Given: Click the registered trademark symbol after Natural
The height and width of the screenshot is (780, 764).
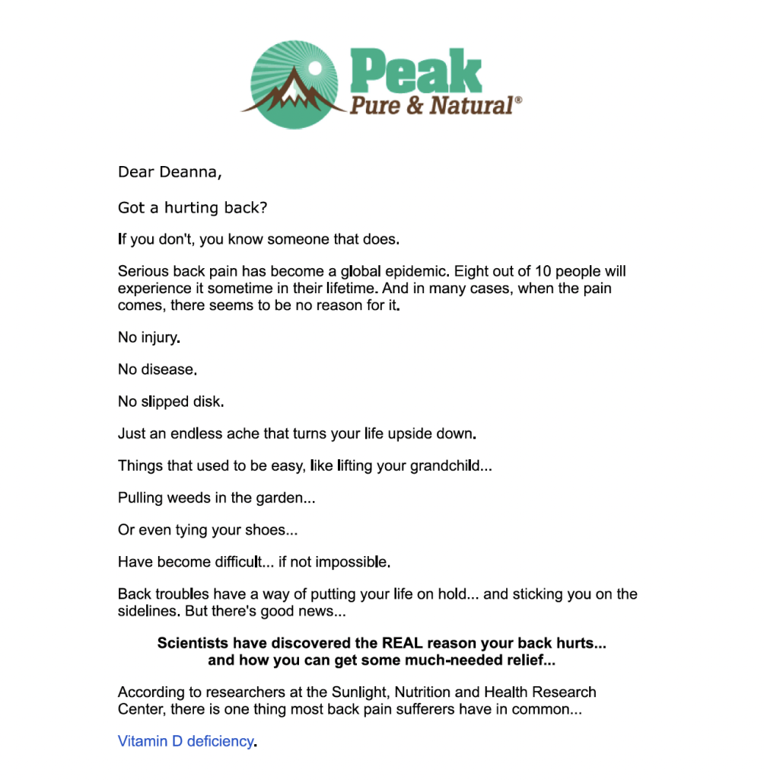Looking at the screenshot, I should pos(519,100).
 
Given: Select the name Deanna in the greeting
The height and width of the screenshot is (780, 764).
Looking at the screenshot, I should pos(189,172).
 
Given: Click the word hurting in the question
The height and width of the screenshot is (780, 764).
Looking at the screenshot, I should pos(193,208).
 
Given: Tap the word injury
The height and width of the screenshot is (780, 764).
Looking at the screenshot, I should pos(160,337).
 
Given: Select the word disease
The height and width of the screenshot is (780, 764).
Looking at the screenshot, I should pos(167,369).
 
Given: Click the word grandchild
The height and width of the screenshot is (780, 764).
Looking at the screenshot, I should pos(445,466).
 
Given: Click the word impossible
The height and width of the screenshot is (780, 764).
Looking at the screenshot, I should pos(350,563).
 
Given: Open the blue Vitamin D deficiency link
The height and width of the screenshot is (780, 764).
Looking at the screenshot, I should pos(185,740).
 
